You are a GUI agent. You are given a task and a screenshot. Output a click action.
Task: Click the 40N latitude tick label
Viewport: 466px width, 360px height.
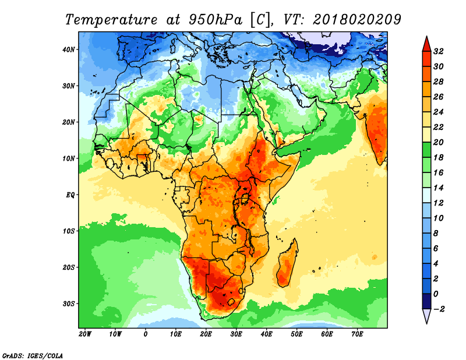(x=68, y=50)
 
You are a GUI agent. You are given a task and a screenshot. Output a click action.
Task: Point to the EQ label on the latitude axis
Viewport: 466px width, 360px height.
(x=70, y=195)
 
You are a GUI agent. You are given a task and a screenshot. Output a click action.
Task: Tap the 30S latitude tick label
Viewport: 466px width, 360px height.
(x=68, y=304)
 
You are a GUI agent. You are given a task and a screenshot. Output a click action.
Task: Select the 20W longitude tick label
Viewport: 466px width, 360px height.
(x=85, y=334)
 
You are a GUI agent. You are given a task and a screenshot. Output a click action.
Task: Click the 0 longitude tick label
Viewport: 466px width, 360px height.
(x=145, y=334)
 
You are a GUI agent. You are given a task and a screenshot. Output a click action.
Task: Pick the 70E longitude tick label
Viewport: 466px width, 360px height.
(x=357, y=334)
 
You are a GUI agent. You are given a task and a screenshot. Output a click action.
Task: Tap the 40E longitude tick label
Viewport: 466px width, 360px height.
(x=266, y=334)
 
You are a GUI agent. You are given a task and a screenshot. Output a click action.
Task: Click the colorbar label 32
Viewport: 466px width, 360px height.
(x=438, y=51)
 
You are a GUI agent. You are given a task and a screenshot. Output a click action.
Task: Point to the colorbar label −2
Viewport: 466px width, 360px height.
(x=439, y=309)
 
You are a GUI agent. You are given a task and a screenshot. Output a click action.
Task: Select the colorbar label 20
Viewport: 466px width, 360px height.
(x=438, y=142)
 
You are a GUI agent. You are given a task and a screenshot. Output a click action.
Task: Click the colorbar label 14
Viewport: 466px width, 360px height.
(x=438, y=188)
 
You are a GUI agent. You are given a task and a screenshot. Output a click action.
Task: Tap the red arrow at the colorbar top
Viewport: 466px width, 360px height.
(x=426, y=44)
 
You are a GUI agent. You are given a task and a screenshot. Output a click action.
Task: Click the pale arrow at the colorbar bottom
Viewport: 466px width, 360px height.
(x=426, y=316)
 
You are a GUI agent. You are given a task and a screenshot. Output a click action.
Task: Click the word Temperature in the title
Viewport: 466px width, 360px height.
(x=111, y=20)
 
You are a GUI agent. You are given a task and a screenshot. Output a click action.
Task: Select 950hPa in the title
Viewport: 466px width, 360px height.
(x=215, y=20)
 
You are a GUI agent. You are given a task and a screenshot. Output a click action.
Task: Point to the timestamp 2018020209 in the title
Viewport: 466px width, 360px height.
(x=357, y=19)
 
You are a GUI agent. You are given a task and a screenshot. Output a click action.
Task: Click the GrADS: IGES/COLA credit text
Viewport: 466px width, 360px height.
(x=33, y=355)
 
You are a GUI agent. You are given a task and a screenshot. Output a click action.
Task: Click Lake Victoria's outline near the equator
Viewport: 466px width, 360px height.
(x=245, y=198)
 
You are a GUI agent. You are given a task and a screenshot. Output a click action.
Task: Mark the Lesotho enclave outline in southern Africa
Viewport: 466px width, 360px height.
(x=231, y=302)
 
